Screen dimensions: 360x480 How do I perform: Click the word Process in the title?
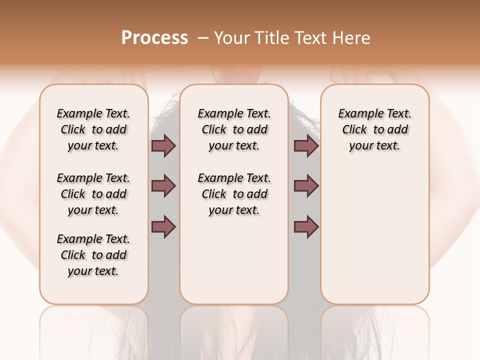click(x=154, y=38)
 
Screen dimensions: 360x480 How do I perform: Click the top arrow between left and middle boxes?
click(x=163, y=146)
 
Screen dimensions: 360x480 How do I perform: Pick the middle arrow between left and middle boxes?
click(x=163, y=186)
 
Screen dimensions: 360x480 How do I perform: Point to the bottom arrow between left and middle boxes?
click(x=163, y=227)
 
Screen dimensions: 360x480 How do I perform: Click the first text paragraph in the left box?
click(x=93, y=129)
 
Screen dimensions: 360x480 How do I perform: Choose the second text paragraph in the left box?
click(x=93, y=194)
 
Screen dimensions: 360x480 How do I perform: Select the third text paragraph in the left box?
click(x=93, y=255)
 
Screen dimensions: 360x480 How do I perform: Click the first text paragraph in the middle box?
click(x=234, y=129)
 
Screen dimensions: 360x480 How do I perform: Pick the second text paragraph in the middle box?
click(x=234, y=194)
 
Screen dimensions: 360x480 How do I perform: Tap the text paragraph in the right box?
click(x=375, y=129)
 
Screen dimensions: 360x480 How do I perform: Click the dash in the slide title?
click(x=203, y=38)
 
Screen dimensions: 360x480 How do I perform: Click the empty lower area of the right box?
click(x=375, y=240)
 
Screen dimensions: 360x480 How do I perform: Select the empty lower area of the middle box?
click(x=234, y=260)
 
